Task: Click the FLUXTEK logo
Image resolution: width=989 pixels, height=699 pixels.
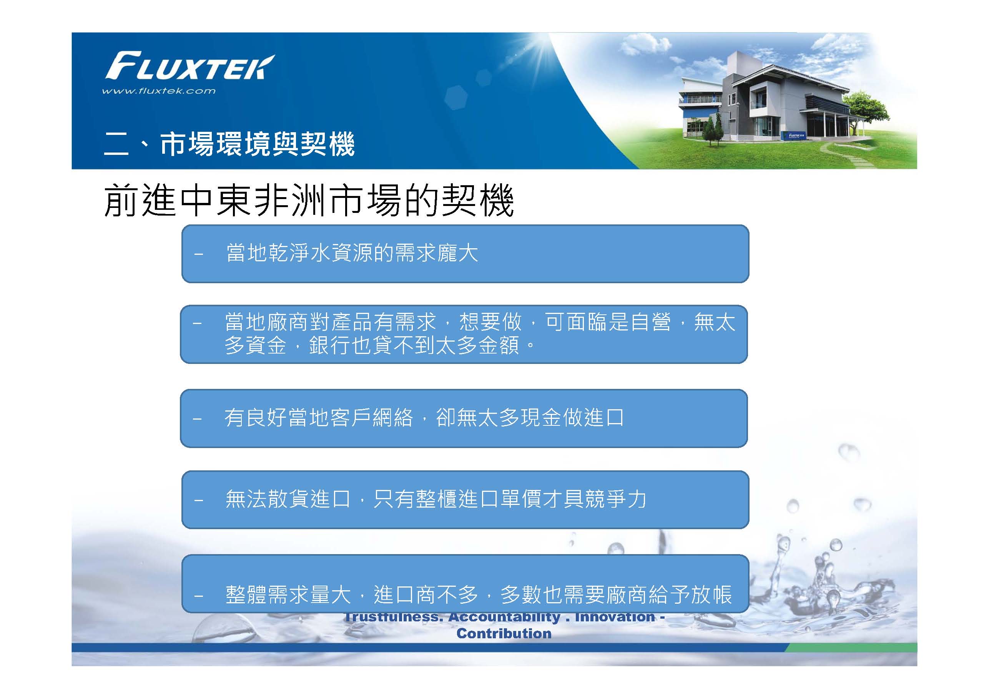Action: click(x=189, y=66)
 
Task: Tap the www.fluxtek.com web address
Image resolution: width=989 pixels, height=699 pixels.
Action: click(x=158, y=91)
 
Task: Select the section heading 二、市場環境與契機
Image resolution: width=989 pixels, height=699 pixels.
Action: click(x=229, y=144)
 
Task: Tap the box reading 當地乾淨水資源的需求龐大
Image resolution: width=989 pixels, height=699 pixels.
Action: click(x=465, y=254)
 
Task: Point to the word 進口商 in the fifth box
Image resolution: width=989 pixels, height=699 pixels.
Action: click(x=405, y=595)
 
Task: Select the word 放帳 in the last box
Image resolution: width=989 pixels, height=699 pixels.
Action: click(x=711, y=595)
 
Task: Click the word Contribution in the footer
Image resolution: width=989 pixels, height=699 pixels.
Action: click(x=504, y=634)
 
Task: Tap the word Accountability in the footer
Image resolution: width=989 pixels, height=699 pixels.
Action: click(x=504, y=618)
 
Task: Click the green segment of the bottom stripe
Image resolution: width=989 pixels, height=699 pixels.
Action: click(x=851, y=648)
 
